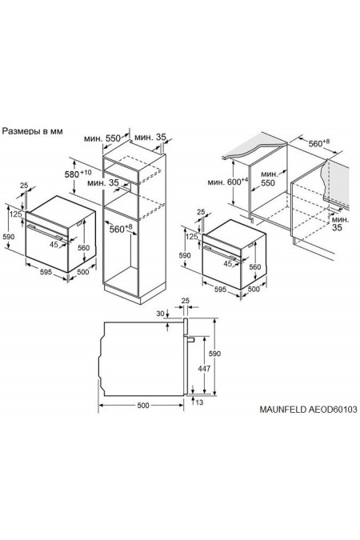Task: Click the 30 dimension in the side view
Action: click(x=161, y=313)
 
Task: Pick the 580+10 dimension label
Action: click(x=78, y=173)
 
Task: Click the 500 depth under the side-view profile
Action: click(x=142, y=406)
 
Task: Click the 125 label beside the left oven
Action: click(x=14, y=214)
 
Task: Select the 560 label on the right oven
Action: click(x=254, y=267)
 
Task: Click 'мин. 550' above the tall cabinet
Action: click(x=107, y=138)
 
